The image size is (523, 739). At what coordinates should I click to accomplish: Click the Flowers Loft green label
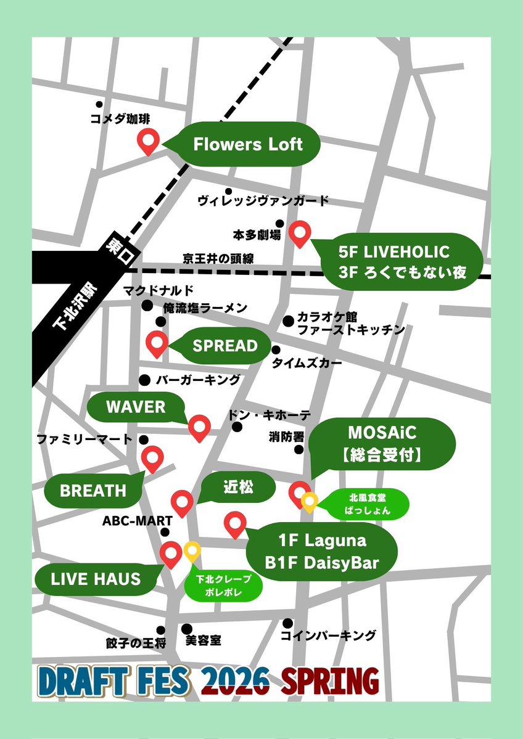coord(248,145)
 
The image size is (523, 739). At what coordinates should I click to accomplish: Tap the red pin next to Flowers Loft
coord(148,142)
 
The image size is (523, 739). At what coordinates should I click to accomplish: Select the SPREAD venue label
coord(225,346)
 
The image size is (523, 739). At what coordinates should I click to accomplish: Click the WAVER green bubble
coord(136,407)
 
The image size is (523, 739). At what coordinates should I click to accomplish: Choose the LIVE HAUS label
coord(96,579)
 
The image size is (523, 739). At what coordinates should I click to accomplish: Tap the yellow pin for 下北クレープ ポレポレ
coord(192,552)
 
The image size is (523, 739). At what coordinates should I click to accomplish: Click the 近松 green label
coord(238,488)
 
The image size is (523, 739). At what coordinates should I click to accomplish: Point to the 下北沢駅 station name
coord(72,308)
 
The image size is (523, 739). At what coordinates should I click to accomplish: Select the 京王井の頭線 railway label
coord(218,258)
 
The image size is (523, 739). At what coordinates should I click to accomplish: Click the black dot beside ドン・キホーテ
coord(237,427)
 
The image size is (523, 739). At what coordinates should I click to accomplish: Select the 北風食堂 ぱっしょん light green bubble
coord(361,502)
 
